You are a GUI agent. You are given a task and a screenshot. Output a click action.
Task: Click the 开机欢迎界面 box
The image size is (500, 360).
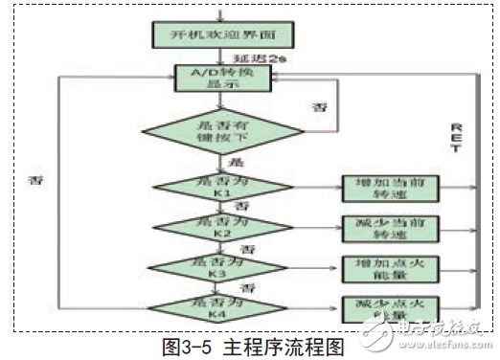coord(221,34)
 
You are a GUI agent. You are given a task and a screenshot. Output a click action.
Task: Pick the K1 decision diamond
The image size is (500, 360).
coord(221,185)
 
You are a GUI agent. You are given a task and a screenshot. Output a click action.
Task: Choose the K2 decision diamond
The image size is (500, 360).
coord(221,227)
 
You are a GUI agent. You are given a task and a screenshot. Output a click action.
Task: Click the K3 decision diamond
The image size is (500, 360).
coord(221,267)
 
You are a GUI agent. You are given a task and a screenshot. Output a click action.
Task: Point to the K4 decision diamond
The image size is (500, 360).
coord(221,307)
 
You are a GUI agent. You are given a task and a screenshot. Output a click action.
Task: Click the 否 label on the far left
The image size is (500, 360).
coord(35,179)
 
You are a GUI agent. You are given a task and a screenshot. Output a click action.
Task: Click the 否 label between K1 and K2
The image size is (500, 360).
coord(242,206)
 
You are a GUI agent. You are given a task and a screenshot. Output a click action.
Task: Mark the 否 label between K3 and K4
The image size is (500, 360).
coord(245,287)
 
